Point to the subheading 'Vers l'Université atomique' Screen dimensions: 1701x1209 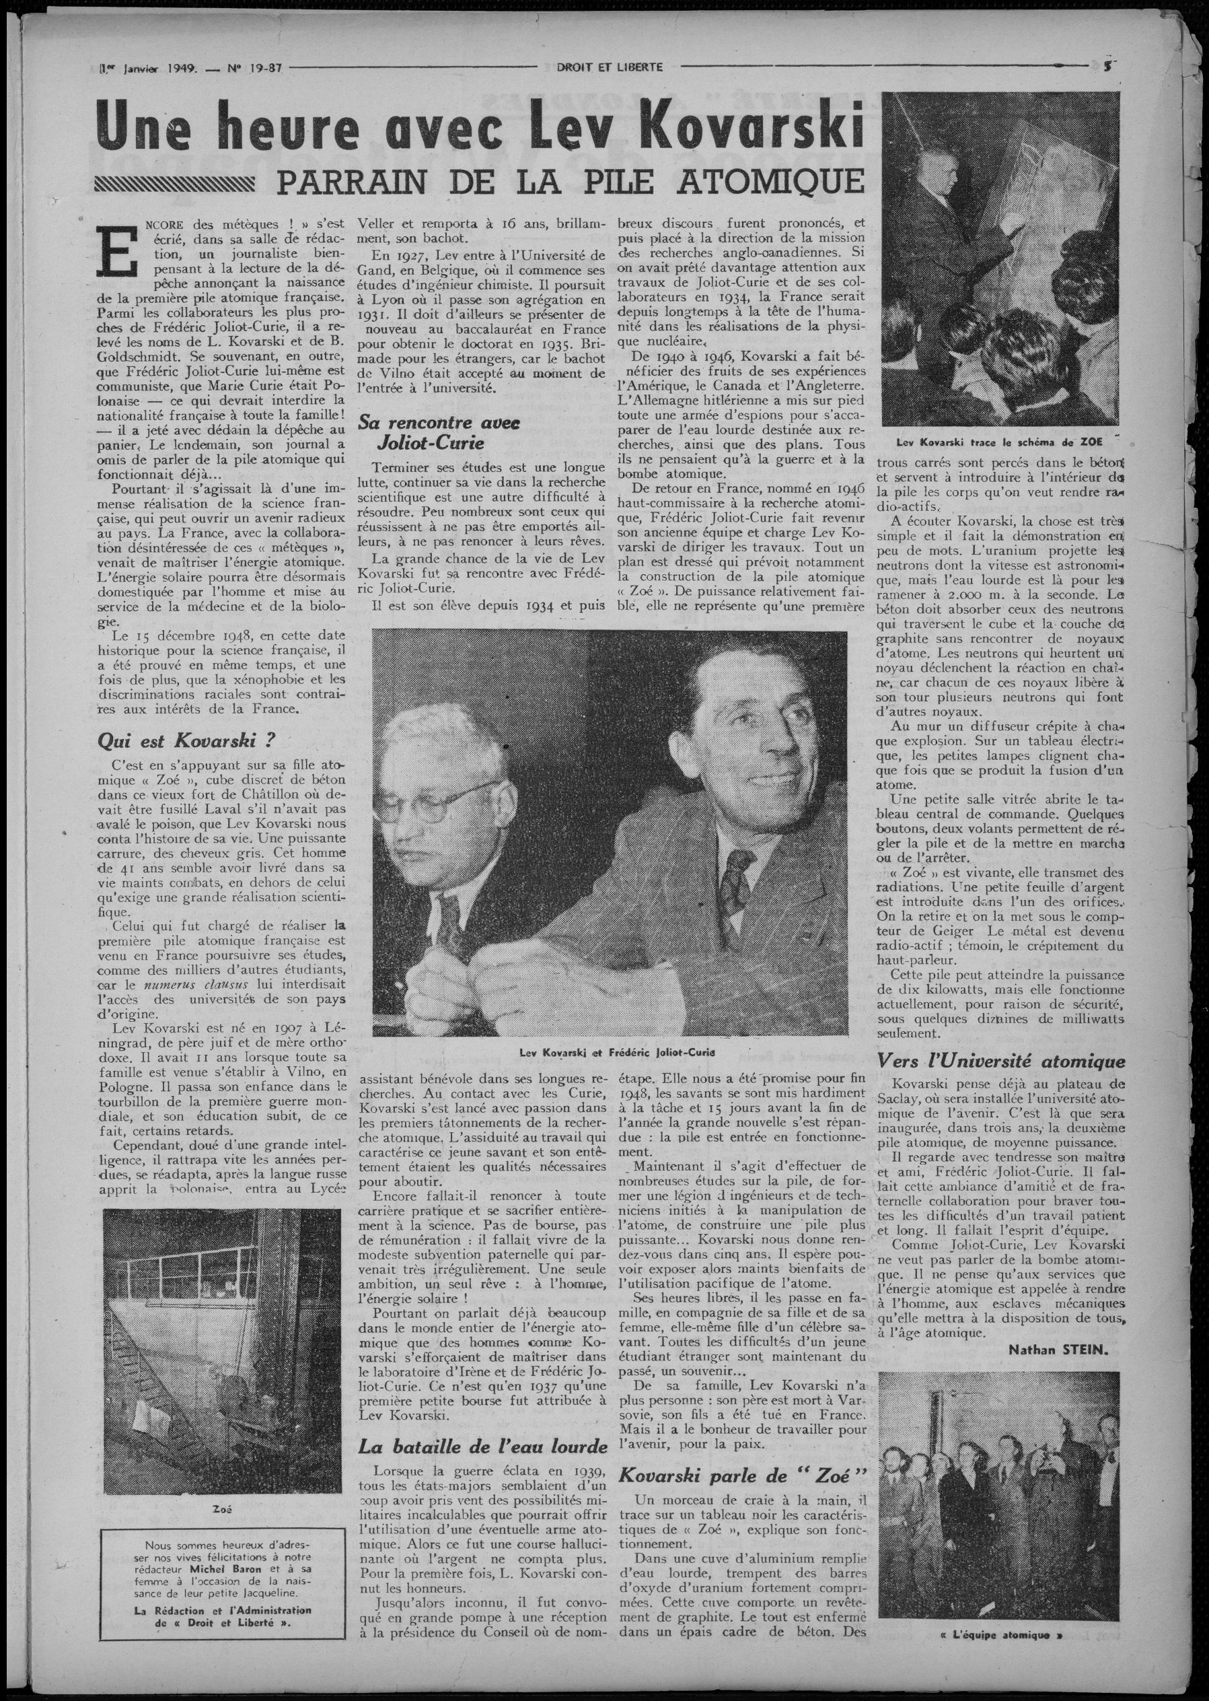[1001, 1062]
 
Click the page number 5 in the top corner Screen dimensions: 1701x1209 [1109, 65]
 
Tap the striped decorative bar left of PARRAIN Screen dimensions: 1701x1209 [177, 182]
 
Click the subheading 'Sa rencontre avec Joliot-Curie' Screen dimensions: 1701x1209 [439, 433]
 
